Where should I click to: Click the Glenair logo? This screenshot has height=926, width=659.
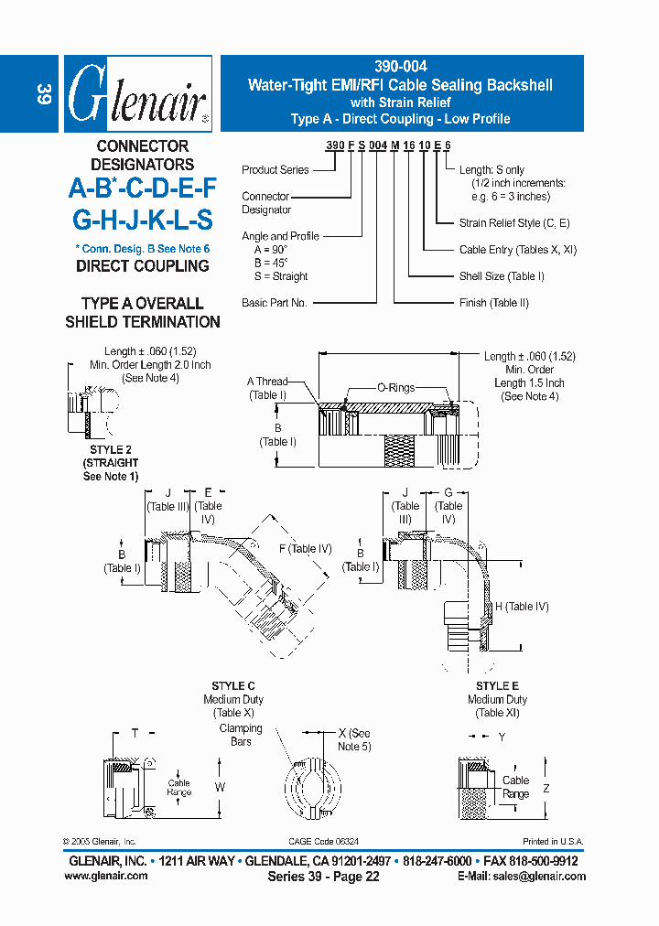[138, 95]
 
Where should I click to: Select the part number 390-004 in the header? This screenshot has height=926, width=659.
[400, 68]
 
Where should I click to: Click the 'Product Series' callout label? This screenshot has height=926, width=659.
[275, 170]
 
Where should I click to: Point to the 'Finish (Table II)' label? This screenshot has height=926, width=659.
[494, 303]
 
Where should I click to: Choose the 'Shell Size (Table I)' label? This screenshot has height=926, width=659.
[502, 276]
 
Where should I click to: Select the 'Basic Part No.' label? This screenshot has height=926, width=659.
[274, 303]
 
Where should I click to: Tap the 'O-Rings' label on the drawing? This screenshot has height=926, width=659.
[395, 388]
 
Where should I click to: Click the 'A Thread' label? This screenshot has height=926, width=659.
[267, 382]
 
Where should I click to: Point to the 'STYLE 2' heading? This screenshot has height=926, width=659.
[111, 450]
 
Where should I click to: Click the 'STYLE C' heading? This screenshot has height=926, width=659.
[233, 686]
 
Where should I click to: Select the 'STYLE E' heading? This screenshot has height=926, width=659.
[497, 686]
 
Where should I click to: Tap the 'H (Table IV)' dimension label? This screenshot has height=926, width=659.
[522, 607]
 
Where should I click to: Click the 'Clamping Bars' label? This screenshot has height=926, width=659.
[241, 735]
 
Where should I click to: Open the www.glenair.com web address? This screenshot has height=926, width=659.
[105, 876]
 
